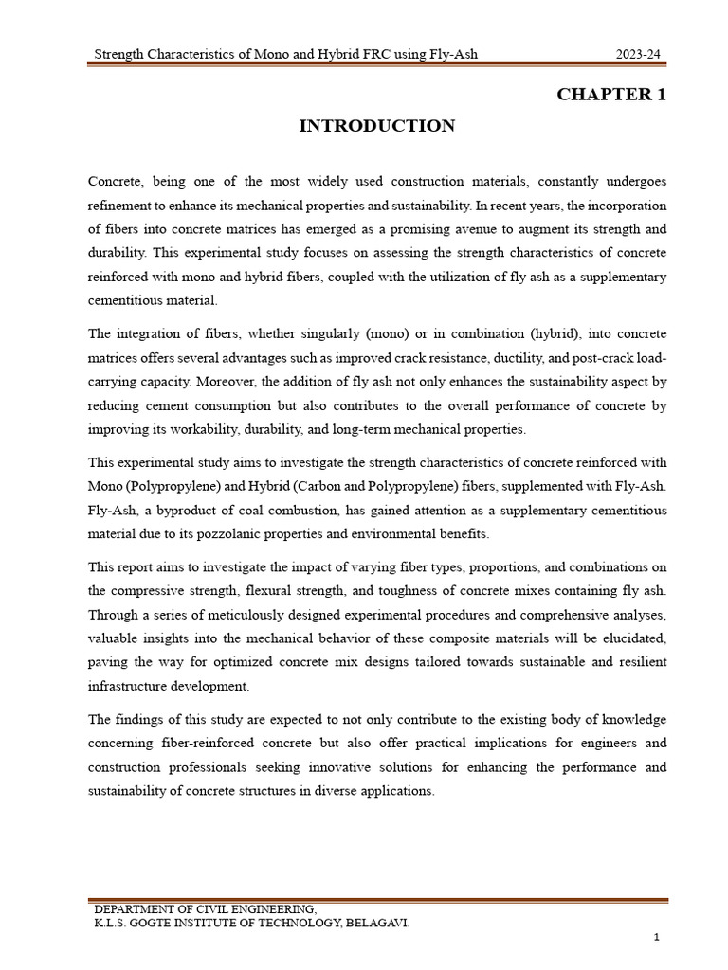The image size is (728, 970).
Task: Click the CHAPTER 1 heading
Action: point(611,94)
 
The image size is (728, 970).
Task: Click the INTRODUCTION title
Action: point(377,126)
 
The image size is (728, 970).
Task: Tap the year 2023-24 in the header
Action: point(638,55)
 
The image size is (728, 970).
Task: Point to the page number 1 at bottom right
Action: point(655,937)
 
